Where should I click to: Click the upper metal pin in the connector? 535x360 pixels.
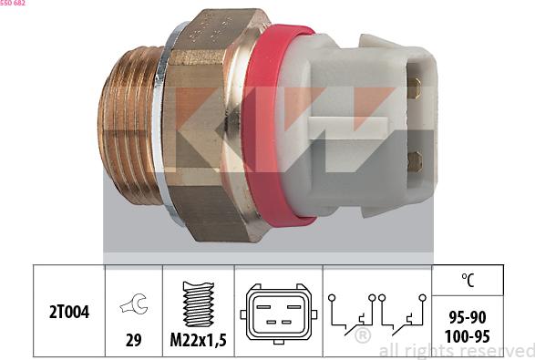point(415,89)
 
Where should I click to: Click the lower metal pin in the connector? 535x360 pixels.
point(415,161)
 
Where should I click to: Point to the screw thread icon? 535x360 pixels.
point(198,303)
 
